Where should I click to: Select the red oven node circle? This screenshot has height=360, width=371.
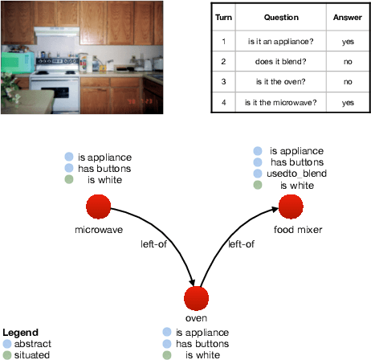tap(196, 299)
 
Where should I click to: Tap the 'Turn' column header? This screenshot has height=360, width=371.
tap(226, 17)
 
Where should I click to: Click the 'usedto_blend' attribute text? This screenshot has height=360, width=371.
tap(296, 174)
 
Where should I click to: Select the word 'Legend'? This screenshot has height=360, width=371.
tap(19, 332)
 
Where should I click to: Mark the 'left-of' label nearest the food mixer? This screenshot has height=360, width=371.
tap(242, 244)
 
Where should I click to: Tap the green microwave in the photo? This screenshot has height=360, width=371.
tap(16, 60)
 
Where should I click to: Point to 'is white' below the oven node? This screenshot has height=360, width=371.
tap(201, 354)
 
